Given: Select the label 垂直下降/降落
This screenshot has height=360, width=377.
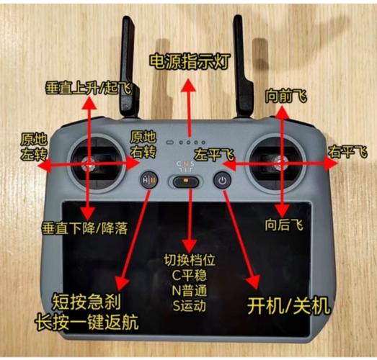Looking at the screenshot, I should click(x=84, y=229).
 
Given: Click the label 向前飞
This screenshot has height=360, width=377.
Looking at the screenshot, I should click(x=283, y=95).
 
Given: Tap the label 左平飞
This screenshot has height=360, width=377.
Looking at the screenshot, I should click(x=213, y=155).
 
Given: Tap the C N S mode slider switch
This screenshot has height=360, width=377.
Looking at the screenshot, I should click(x=187, y=181).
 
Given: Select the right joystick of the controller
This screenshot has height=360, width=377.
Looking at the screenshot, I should click(x=282, y=163).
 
